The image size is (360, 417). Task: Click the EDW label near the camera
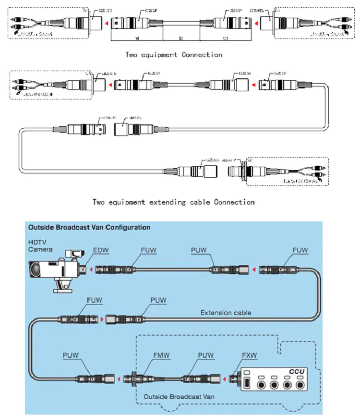click(x=101, y=251)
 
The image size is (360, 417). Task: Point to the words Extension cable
click(x=225, y=312)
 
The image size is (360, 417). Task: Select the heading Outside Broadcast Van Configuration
click(x=89, y=227)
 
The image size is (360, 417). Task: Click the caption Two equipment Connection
click(x=174, y=55)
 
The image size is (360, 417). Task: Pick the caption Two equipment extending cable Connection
click(x=173, y=202)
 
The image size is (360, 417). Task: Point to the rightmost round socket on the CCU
click(x=300, y=385)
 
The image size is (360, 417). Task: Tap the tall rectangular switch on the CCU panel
click(x=247, y=384)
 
